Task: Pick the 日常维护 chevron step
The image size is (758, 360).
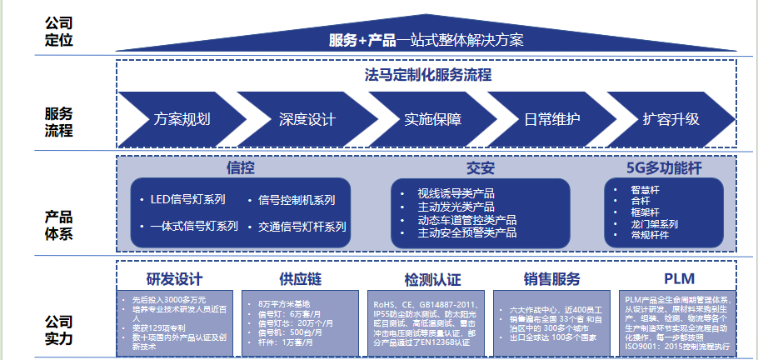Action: coord(551,118)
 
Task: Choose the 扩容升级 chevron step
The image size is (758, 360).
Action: coord(671,118)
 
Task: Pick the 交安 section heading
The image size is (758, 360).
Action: coord(481,168)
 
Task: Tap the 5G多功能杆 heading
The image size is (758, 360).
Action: coord(665,168)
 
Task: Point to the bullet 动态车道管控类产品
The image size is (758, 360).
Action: coord(466,220)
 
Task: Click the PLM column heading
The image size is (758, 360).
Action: coord(679,279)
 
